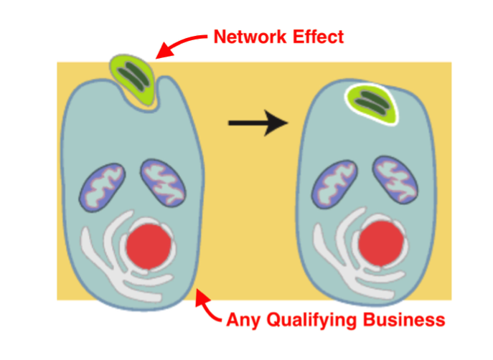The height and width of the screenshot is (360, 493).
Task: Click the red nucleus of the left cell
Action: (x=150, y=245)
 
